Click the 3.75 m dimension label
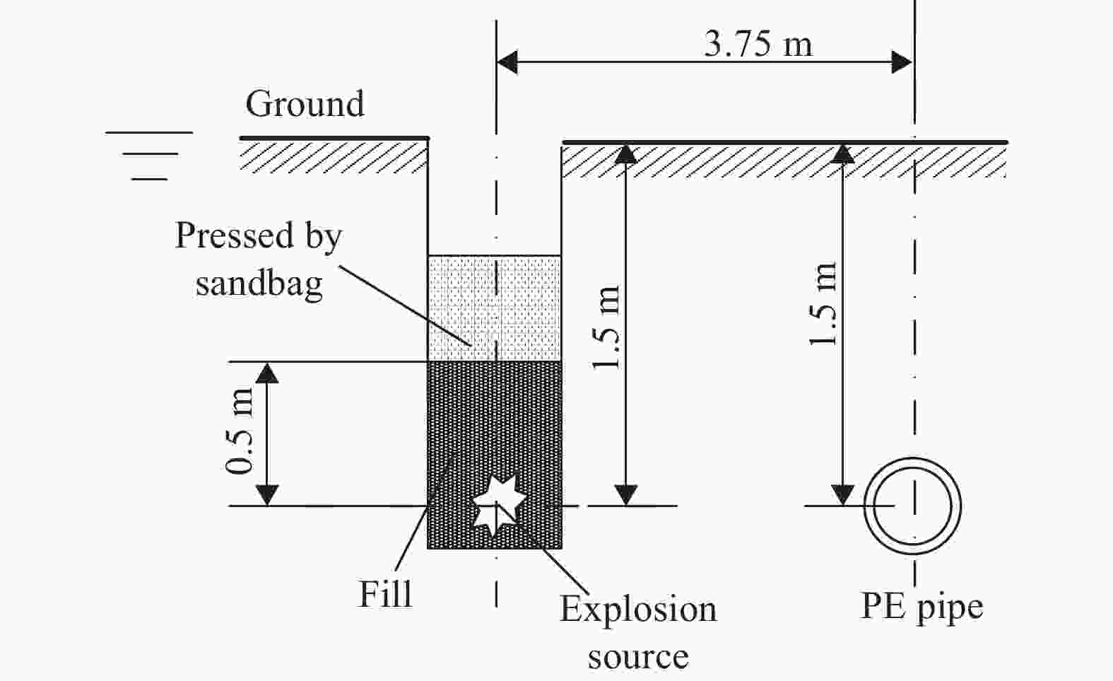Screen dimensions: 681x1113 pos(758,44)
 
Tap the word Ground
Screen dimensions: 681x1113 pos(305,104)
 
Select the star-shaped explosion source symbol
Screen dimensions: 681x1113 pos(499,504)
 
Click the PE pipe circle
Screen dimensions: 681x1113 pos(913,506)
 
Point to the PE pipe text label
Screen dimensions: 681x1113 pos(921,607)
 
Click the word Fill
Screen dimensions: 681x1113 pos(385,594)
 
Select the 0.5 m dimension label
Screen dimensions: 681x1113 pos(240,431)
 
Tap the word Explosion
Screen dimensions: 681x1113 pos(638,609)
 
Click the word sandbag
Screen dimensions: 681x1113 pos(259,284)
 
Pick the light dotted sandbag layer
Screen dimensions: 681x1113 pos(494,308)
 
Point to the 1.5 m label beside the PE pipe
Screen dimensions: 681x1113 pos(824,305)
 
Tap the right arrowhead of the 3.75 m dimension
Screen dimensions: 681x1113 pos(902,62)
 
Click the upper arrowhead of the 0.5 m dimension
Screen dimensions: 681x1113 pos(266,372)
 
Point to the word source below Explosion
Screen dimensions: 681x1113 pos(638,657)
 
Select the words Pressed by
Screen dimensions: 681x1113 pos(259,235)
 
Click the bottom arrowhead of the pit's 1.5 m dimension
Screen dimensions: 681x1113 pos(626,494)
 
